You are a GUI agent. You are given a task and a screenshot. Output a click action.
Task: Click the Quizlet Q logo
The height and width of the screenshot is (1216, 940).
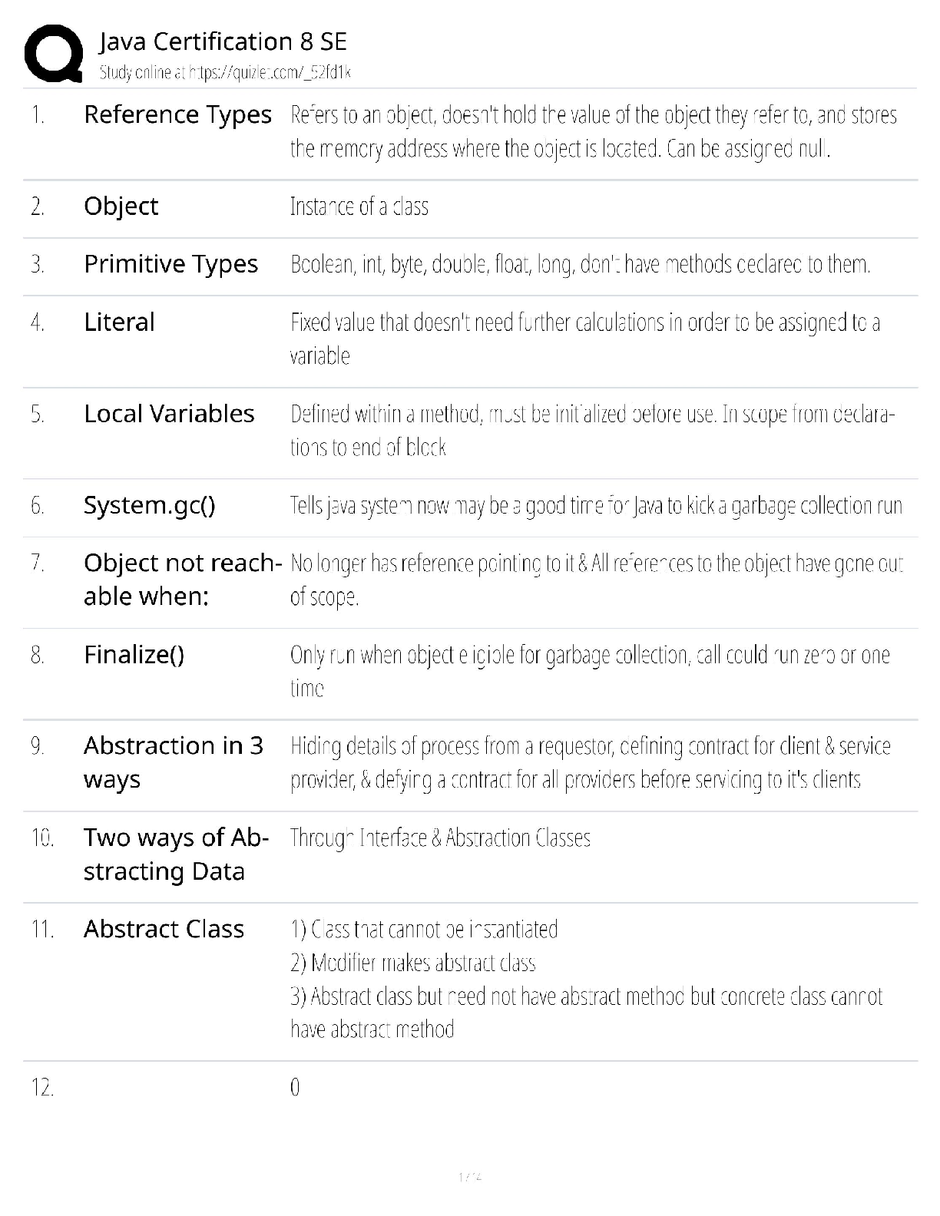pos(53,53)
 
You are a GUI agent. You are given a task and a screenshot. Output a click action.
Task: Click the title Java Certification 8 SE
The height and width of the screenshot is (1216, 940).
pos(223,41)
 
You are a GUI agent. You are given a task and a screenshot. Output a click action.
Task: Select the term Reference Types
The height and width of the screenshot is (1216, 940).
pos(177,114)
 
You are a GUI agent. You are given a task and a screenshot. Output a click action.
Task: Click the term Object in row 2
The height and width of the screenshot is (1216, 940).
pos(121,206)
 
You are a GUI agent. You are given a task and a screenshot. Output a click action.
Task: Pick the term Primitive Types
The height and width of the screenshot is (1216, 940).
pos(170,264)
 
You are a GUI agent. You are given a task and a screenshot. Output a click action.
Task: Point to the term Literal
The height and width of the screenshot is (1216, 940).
pos(119,322)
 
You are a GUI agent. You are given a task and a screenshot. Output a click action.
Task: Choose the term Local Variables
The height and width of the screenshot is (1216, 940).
pos(169,414)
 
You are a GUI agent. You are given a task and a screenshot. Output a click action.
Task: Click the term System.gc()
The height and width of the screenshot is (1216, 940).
pos(149,505)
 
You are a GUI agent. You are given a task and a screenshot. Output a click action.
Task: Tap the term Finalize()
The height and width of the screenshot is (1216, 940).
pos(134,655)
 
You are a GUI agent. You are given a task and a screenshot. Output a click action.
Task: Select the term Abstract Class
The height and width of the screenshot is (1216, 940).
pos(164,929)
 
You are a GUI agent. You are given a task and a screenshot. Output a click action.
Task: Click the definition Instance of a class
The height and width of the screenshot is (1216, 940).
pos(359,207)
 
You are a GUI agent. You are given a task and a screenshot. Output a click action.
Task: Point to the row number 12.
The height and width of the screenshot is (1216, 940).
pos(42,1088)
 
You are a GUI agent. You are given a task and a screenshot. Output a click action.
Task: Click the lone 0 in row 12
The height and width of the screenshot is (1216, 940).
pos(295,1088)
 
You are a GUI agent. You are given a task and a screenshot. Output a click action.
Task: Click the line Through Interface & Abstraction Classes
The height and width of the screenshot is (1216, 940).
pos(440,838)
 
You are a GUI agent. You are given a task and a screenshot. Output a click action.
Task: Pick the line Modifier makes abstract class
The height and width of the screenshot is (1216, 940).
pos(413,963)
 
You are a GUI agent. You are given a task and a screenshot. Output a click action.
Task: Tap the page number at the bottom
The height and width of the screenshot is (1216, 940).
pos(469,1176)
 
